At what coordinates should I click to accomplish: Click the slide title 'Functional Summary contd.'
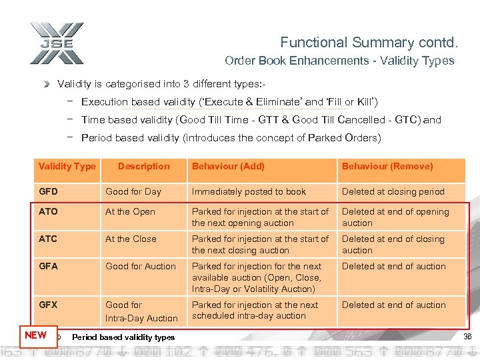[x=369, y=43]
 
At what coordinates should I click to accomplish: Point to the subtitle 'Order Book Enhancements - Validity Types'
[x=339, y=61]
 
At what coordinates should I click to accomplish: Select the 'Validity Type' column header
[x=67, y=167]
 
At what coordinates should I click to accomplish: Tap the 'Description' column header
[x=143, y=167]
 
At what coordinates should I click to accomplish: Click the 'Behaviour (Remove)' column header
[x=387, y=167]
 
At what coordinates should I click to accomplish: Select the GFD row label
[x=48, y=192]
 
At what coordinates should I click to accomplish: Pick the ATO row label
[x=49, y=212]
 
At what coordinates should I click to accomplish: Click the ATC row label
[x=49, y=239]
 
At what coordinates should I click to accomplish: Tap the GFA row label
[x=48, y=267]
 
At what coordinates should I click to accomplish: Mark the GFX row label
[x=48, y=305]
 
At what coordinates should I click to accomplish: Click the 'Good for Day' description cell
[x=133, y=192]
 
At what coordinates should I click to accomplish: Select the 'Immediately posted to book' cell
[x=249, y=192]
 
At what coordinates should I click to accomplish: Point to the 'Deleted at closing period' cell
[x=393, y=192]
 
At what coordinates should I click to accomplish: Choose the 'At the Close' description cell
[x=131, y=239]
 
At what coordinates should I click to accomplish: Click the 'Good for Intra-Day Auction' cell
[x=141, y=312]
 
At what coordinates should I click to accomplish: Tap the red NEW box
[x=35, y=335]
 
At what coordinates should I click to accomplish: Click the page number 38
[x=467, y=337]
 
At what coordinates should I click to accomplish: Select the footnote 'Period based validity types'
[x=123, y=337]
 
